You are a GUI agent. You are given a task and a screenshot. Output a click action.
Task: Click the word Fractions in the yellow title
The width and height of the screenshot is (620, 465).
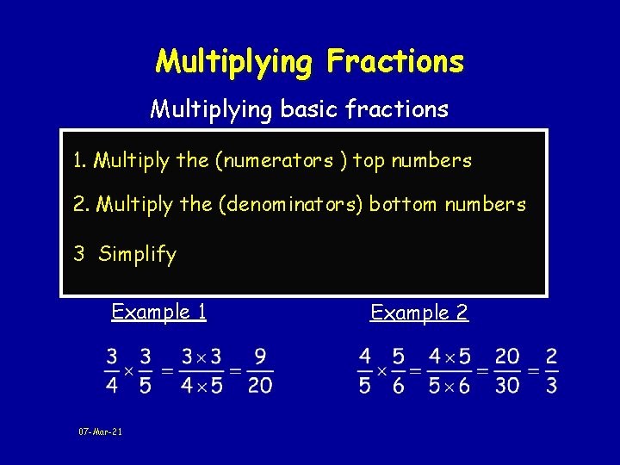(x=395, y=62)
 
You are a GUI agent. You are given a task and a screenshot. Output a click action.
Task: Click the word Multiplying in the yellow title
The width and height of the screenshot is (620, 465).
(x=234, y=62)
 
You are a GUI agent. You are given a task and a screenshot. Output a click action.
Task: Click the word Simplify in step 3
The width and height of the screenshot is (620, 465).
(x=137, y=254)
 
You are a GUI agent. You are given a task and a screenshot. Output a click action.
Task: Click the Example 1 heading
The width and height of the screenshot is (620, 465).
(x=159, y=312)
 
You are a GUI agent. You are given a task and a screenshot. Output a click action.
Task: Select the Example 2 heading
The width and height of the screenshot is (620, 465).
(x=419, y=313)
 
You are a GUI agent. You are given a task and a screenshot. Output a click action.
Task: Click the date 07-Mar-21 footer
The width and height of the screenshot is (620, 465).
(x=100, y=431)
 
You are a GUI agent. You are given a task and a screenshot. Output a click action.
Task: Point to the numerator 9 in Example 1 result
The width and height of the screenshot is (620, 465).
(x=259, y=356)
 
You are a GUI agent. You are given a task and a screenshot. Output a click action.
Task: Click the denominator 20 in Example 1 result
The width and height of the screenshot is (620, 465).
(x=259, y=385)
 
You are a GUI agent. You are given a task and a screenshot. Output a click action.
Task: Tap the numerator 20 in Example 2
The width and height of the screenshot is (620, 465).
(x=507, y=356)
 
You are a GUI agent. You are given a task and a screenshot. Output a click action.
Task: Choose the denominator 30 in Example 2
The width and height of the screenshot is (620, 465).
(x=507, y=385)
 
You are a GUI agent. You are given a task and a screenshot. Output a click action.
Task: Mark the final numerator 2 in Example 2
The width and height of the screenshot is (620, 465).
(x=551, y=356)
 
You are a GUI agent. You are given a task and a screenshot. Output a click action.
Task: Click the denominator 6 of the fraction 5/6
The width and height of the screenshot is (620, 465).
(x=399, y=385)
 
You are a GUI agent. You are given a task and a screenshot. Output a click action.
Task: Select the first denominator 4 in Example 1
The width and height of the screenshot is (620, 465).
(x=112, y=385)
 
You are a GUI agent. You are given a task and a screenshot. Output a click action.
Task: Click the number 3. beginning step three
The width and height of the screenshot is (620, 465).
(x=78, y=254)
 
